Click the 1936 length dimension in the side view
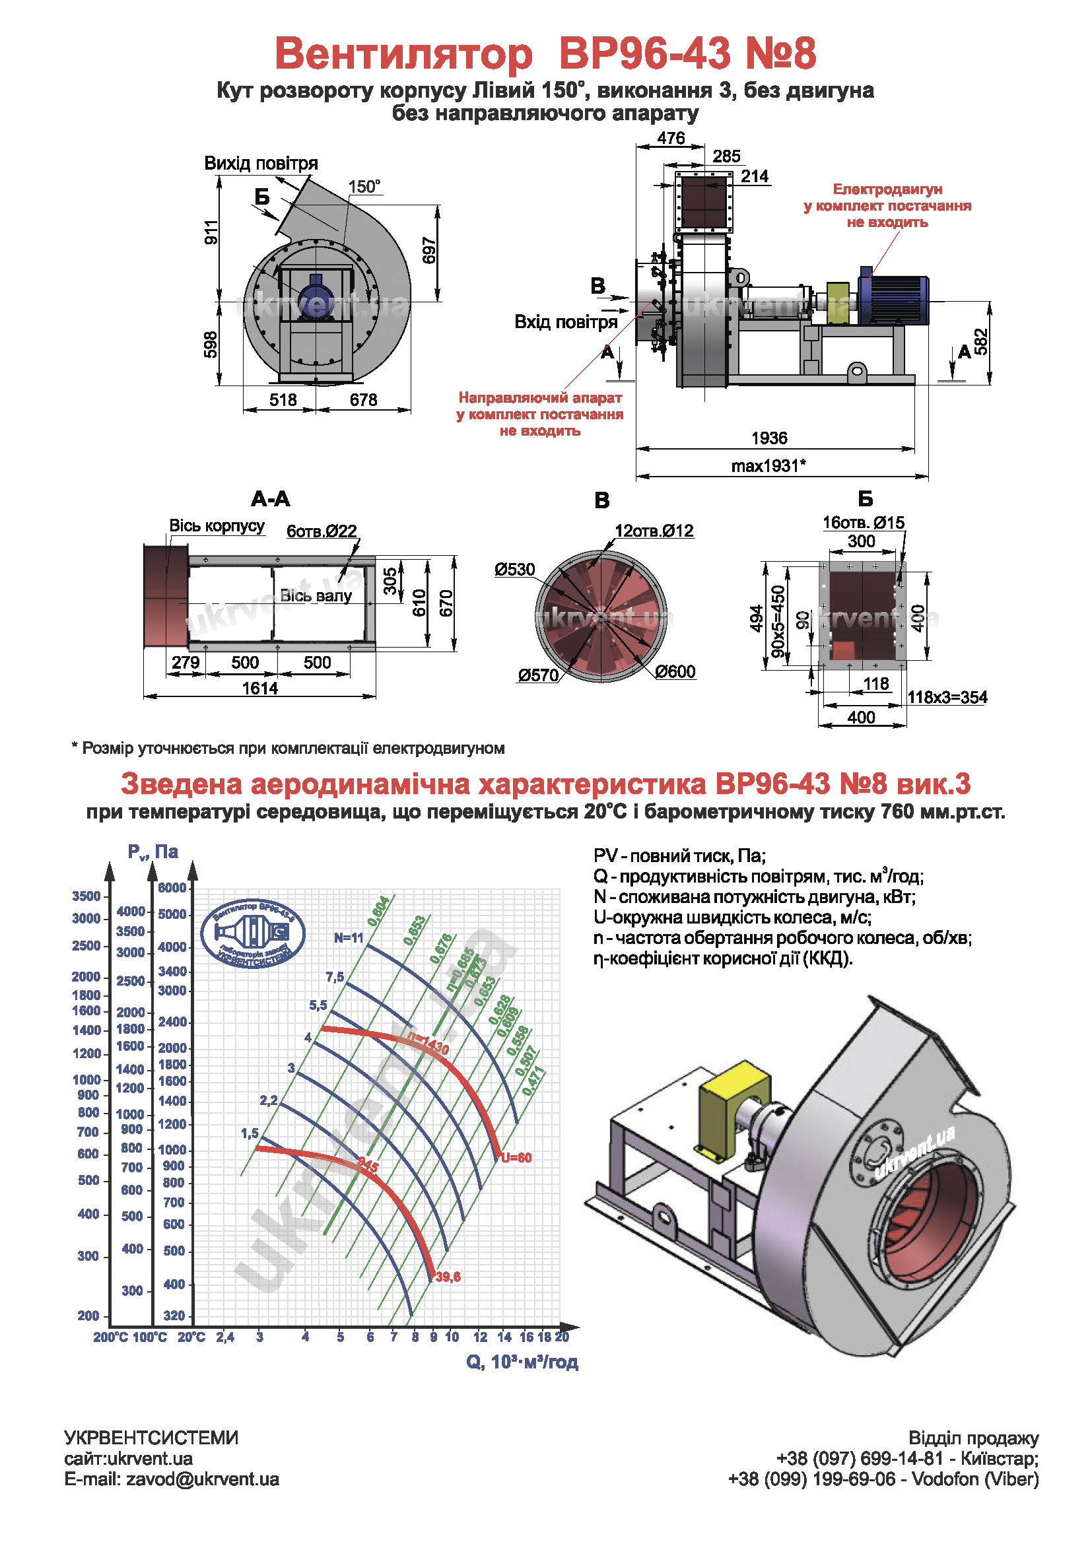click(x=768, y=438)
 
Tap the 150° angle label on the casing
click(x=364, y=186)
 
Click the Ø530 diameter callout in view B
click(x=514, y=570)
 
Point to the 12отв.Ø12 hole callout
click(x=654, y=531)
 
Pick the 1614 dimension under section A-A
click(x=259, y=688)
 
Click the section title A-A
click(x=269, y=498)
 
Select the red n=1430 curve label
click(x=428, y=1043)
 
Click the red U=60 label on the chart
click(x=516, y=1157)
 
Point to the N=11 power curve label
click(x=349, y=937)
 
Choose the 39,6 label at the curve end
click(x=448, y=1277)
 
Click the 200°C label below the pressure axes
click(x=110, y=1337)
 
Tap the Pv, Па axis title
click(x=153, y=852)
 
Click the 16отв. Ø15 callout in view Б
click(x=864, y=523)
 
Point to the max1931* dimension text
click(x=768, y=465)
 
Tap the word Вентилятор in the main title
click(x=403, y=53)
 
